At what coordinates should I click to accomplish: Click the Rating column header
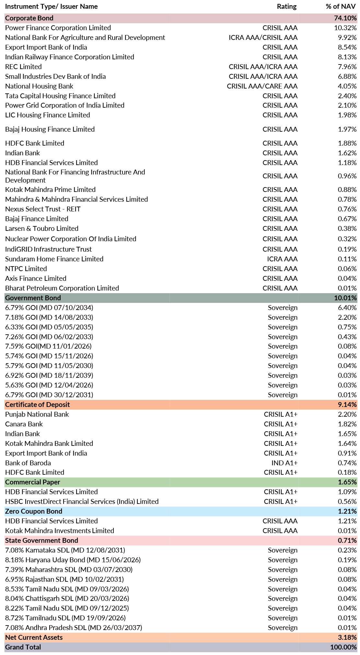click(286, 6)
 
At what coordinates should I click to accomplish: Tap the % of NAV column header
click(341, 6)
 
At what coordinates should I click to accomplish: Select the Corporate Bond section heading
click(29, 18)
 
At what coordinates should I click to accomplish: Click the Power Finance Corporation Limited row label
click(58, 28)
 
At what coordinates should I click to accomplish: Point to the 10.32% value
click(345, 28)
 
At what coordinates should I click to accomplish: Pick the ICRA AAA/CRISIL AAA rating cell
click(263, 38)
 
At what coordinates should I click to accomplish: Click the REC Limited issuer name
click(23, 67)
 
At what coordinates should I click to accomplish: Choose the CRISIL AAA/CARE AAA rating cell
click(262, 86)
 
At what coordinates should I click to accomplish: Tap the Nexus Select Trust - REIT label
click(43, 209)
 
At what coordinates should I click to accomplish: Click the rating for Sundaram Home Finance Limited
click(282, 259)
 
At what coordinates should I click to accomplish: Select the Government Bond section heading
click(33, 298)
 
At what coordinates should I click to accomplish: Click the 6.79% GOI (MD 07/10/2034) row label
click(49, 308)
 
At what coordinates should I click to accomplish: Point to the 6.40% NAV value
click(347, 308)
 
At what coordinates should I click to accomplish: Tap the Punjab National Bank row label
click(37, 414)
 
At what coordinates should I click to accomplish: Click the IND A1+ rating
click(285, 463)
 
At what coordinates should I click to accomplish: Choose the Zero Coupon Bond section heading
click(34, 511)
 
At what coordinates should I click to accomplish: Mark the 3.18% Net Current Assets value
click(347, 637)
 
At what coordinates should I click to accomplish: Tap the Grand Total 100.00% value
click(343, 647)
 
